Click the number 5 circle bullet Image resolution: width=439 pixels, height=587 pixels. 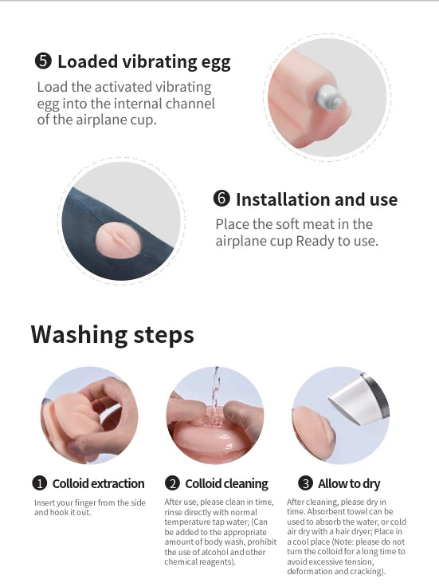(43, 61)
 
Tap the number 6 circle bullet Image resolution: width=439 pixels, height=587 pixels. (221, 198)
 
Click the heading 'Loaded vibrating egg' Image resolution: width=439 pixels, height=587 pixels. (144, 62)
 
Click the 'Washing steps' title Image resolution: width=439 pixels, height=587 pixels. (112, 334)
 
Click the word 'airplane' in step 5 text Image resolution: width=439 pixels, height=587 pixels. (98, 120)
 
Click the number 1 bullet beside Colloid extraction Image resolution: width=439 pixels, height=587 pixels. (39, 483)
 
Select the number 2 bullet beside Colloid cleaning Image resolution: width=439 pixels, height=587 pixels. (172, 483)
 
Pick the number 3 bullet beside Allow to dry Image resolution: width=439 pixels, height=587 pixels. (305, 483)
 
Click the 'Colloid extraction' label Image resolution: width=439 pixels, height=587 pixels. (98, 483)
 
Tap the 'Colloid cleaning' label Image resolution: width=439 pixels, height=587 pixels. (226, 483)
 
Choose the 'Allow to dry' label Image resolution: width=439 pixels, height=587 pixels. (349, 484)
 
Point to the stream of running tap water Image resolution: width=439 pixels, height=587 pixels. (215, 393)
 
